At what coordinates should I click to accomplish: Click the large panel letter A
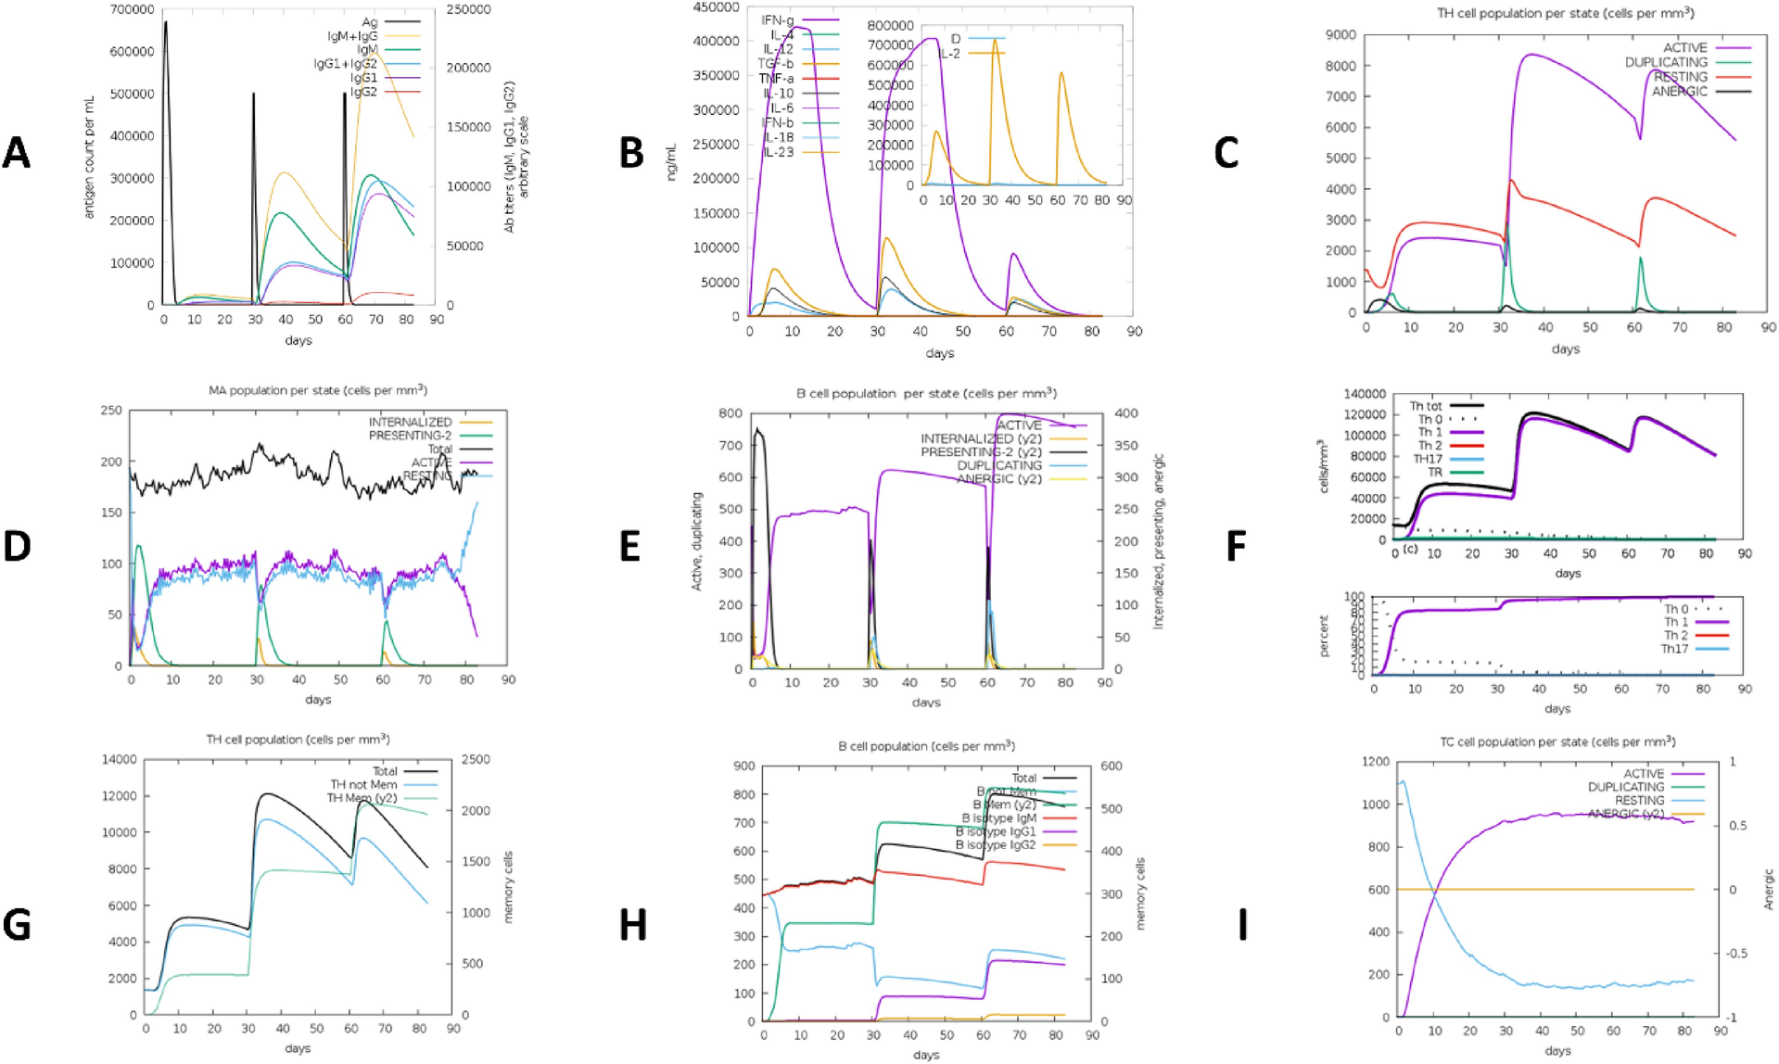(17, 153)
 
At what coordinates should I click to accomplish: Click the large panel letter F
(1236, 546)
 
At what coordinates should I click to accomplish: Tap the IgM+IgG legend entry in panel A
(353, 35)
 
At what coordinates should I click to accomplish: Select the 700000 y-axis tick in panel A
(133, 9)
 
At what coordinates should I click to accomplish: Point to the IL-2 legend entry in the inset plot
(949, 54)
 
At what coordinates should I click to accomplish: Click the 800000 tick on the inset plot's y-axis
(891, 26)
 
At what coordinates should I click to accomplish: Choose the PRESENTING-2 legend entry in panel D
(410, 435)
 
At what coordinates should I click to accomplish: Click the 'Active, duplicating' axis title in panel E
(697, 541)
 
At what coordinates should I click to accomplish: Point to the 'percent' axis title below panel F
(1324, 636)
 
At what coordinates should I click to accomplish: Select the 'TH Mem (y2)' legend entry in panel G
(362, 798)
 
